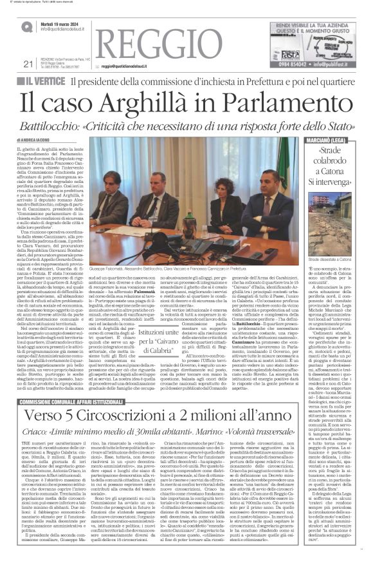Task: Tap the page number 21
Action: coord(26,63)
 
